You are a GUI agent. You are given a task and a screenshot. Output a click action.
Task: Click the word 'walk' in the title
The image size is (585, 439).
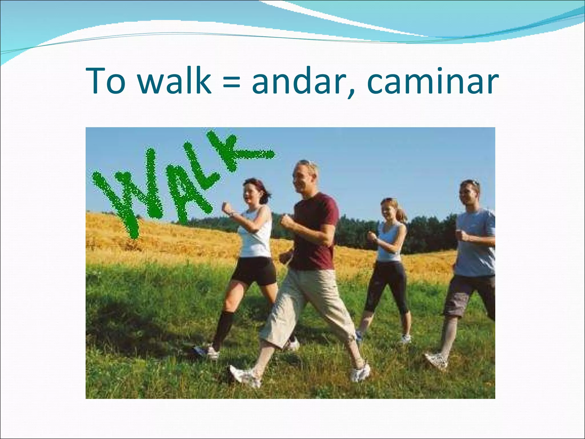pyautogui.click(x=175, y=81)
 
